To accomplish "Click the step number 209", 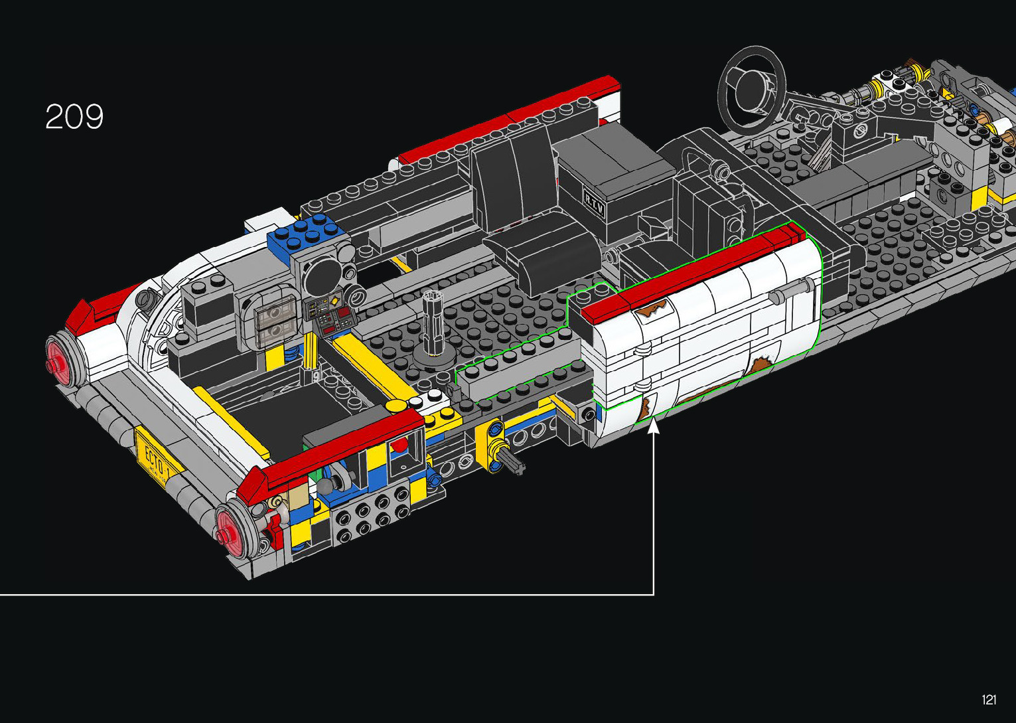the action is [x=74, y=117].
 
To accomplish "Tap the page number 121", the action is [x=989, y=699].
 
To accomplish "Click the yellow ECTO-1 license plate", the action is [x=159, y=458].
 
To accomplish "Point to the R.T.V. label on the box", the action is [x=595, y=202].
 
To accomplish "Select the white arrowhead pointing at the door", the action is [x=654, y=426].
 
